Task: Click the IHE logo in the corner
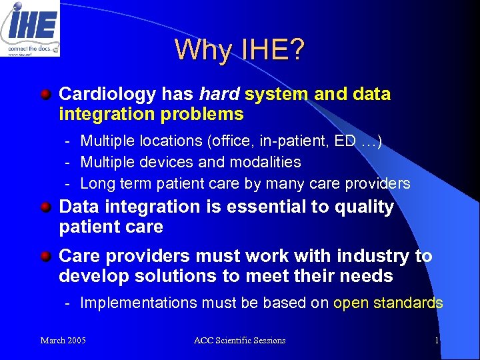coord(30,28)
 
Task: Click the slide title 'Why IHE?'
coord(239,49)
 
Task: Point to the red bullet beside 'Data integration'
coord(45,207)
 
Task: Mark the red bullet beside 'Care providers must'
coord(45,255)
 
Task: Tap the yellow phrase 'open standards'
coord(388,303)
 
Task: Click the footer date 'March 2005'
coord(63,341)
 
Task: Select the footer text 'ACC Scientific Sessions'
coord(239,341)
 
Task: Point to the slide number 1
coord(436,341)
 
